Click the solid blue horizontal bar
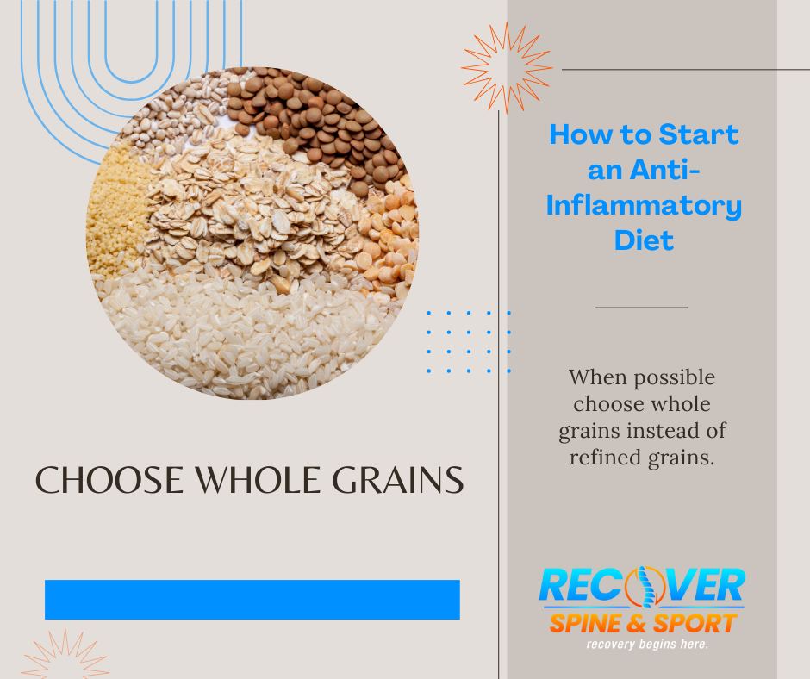[x=252, y=600]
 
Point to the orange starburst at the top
[x=507, y=68]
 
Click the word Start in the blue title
[x=699, y=134]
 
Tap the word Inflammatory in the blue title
[x=644, y=205]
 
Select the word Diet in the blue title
[x=645, y=240]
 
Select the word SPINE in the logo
[x=586, y=623]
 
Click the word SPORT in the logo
[x=695, y=623]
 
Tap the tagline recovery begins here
[x=647, y=644]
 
